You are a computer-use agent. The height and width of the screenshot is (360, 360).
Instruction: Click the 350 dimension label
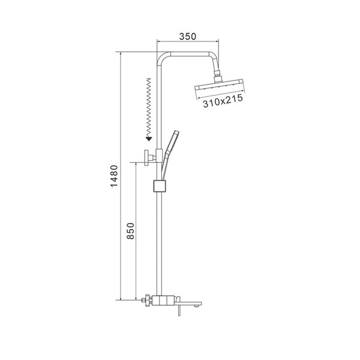click(x=188, y=36)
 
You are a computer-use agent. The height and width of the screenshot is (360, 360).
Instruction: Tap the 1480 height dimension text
click(x=114, y=176)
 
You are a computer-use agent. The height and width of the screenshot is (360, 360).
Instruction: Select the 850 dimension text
click(x=130, y=231)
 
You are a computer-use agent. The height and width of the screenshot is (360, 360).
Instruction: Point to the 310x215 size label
click(x=223, y=101)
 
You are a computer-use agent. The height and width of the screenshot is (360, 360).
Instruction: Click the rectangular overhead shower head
click(x=219, y=86)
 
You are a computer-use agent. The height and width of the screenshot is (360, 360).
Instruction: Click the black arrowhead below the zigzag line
click(x=149, y=139)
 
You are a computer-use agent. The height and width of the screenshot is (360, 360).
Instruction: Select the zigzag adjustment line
click(x=149, y=107)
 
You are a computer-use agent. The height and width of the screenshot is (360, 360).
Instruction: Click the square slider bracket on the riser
click(x=159, y=186)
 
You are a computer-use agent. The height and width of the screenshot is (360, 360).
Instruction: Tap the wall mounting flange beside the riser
click(x=146, y=157)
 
